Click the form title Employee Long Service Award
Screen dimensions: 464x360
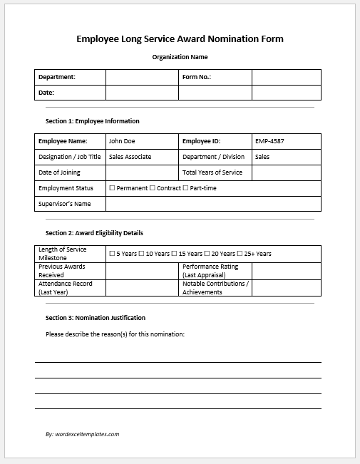coord(180,39)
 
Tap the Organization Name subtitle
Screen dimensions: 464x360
coord(180,57)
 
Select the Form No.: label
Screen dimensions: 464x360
coord(197,77)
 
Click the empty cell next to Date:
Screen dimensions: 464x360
coord(142,93)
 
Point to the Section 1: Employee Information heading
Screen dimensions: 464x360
coord(93,121)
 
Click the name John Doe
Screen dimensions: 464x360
coord(121,141)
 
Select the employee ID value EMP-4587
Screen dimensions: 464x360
coord(270,141)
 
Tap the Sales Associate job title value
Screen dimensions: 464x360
coord(130,157)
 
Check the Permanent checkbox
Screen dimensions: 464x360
coord(112,188)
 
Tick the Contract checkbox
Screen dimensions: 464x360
coord(152,188)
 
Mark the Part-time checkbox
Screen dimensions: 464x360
coord(185,188)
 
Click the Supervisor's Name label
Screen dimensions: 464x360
coord(64,204)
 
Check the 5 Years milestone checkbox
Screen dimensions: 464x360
coord(112,254)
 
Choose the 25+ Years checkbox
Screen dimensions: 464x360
coord(240,254)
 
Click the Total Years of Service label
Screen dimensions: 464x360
coord(212,172)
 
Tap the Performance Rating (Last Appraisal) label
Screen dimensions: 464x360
coord(210,270)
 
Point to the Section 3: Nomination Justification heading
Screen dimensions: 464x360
coord(96,317)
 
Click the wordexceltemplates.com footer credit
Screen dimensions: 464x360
coord(82,433)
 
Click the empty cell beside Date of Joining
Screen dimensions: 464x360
coord(142,172)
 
